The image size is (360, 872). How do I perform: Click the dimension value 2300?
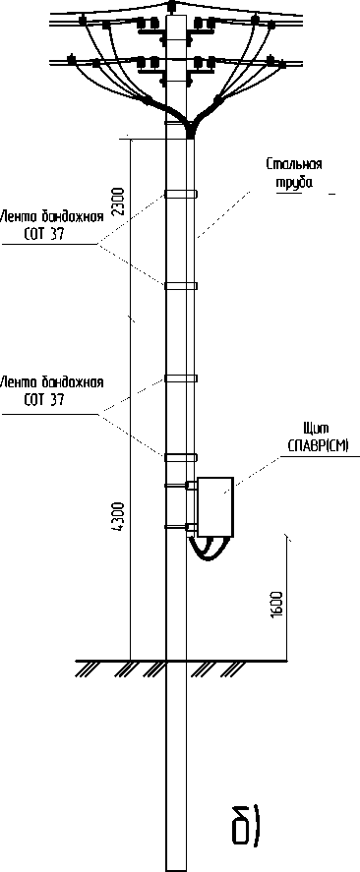[x=118, y=202]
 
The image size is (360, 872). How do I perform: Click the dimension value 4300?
[x=118, y=517]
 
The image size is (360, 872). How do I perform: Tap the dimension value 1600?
[x=278, y=604]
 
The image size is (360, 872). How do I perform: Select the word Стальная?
[x=294, y=164]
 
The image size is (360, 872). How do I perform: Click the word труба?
[x=294, y=183]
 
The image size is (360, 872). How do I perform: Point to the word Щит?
[x=317, y=429]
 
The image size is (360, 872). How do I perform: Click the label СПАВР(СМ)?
[x=317, y=446]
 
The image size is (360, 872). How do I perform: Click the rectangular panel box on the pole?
[x=214, y=506]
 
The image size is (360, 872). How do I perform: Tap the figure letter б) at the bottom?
[x=245, y=822]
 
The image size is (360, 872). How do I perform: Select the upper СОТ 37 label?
[x=44, y=234]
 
